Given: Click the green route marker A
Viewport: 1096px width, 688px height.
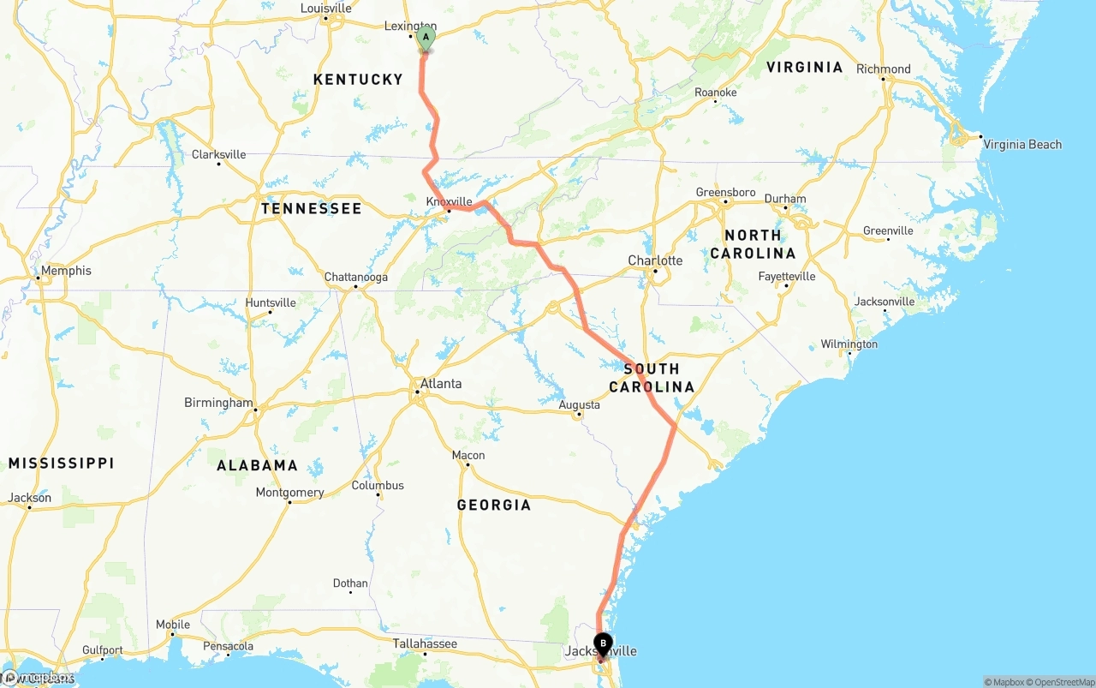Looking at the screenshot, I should click(426, 39).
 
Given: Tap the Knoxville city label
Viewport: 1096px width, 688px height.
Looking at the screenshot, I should click(450, 201).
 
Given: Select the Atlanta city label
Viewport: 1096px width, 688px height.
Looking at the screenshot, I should click(442, 383).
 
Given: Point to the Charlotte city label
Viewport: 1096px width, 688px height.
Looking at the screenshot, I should click(655, 260).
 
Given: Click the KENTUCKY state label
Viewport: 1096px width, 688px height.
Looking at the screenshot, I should click(358, 80).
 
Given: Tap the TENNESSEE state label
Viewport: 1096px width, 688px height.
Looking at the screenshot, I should click(312, 208).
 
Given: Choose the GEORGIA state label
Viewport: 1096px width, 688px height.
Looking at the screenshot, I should click(494, 505).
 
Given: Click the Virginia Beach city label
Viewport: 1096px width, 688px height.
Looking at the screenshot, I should click(1022, 144).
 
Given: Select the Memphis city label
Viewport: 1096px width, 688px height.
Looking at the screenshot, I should click(66, 271).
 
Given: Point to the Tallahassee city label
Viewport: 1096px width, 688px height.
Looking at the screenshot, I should click(425, 643).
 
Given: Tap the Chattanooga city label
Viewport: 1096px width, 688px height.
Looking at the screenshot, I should click(356, 277).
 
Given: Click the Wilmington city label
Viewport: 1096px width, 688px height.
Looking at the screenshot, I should click(849, 344).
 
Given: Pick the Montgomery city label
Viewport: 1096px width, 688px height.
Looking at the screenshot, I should click(290, 493).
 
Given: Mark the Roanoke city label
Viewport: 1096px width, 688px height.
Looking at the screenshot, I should click(716, 93).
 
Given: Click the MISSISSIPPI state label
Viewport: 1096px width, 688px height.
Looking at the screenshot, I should click(61, 463).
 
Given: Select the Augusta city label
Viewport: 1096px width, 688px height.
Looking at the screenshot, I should click(579, 404).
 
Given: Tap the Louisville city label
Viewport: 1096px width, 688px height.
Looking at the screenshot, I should click(325, 9).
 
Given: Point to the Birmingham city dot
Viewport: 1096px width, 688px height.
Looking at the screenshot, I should click(256, 410).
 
